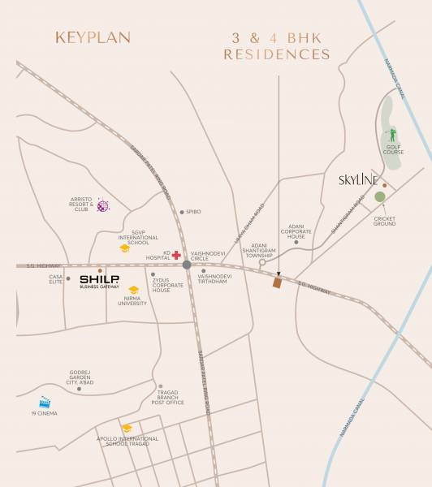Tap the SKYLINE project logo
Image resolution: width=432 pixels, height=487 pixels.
[x=357, y=181]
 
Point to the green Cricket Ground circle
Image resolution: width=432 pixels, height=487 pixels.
[x=379, y=196]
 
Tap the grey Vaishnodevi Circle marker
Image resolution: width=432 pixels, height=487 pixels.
[x=187, y=265]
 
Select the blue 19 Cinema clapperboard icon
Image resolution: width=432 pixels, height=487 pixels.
[x=45, y=401]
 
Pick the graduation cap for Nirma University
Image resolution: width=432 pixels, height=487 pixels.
[x=133, y=290]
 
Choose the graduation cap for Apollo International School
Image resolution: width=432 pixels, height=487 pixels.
[x=127, y=428]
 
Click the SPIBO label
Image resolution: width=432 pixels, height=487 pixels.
[x=193, y=212]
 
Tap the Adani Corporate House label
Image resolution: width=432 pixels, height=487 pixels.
[x=296, y=232]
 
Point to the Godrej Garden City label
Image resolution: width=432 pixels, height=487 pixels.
[x=79, y=378]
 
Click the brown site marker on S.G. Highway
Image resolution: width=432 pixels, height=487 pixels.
[x=277, y=282]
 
